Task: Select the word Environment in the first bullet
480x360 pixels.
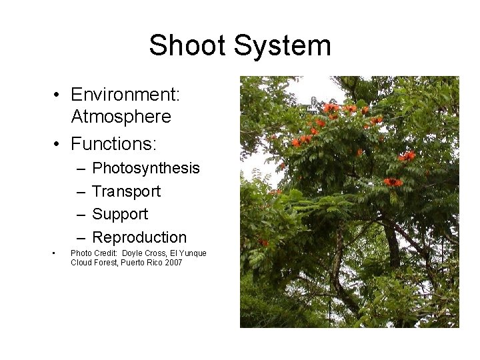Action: pos(124,95)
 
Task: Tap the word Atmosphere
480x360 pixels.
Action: pos(121,117)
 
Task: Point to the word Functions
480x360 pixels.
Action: pos(112,143)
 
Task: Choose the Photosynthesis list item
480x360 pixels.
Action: pos(145,168)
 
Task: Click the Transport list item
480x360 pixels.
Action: pos(126,191)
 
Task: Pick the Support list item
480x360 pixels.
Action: pos(120,214)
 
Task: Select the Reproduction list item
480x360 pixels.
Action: pos(139,237)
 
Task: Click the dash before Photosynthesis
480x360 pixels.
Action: pos(80,169)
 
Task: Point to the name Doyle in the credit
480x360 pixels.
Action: pos(133,253)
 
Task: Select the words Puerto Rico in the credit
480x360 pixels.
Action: pos(140,263)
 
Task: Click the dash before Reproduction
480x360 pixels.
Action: pos(80,238)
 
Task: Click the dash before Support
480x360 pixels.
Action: pos(80,215)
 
